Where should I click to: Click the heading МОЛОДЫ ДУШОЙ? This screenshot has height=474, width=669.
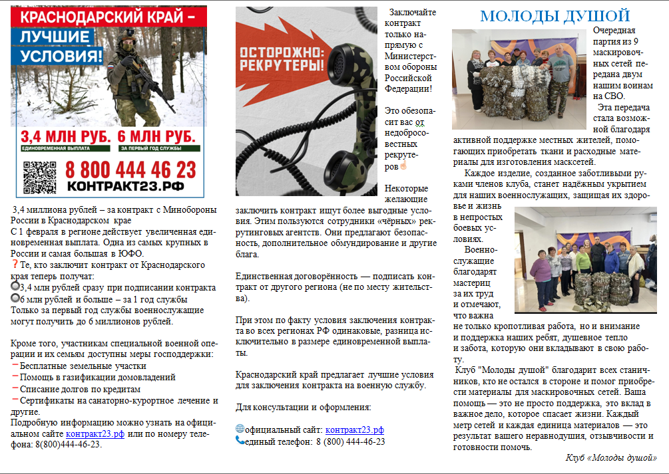[555, 17]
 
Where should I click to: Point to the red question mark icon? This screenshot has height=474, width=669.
[15, 264]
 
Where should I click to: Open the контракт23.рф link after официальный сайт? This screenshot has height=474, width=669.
[354, 429]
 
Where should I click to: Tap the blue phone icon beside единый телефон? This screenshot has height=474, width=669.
[240, 440]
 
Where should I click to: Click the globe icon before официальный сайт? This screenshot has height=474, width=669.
[240, 429]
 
